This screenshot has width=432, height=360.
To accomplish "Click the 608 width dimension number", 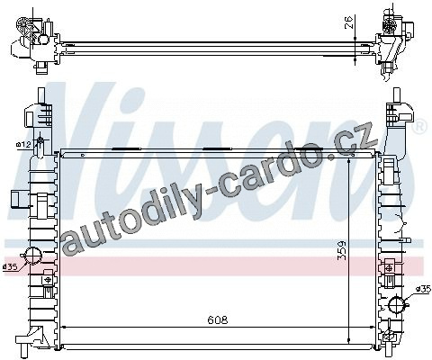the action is click(x=218, y=319).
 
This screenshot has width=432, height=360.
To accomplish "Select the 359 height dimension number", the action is click(x=341, y=251).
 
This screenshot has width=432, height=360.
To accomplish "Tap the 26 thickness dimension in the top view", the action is click(x=348, y=22).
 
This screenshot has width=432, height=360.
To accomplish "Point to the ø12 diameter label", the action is click(x=23, y=145).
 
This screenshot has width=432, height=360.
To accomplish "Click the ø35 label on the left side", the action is click(x=10, y=266).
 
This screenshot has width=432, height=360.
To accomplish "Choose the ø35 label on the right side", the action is click(x=423, y=289).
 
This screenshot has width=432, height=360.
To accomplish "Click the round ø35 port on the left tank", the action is click(x=32, y=256).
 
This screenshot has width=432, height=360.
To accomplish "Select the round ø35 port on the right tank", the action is click(x=397, y=305).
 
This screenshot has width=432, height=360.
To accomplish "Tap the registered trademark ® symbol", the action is click(x=420, y=126).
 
